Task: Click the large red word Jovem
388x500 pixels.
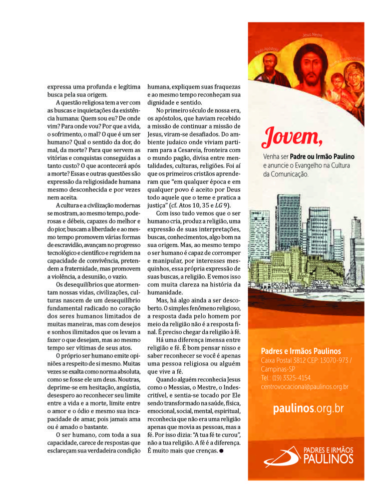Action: click(x=292, y=135)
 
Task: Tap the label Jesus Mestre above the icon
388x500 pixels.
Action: click(x=312, y=35)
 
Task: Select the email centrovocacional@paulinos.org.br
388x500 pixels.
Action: click(x=304, y=386)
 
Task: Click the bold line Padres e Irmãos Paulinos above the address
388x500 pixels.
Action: click(x=301, y=351)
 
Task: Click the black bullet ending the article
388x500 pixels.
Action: click(x=221, y=451)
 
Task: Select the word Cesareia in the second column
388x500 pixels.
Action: click(x=202, y=149)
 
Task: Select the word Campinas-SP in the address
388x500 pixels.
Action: click(x=278, y=369)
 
